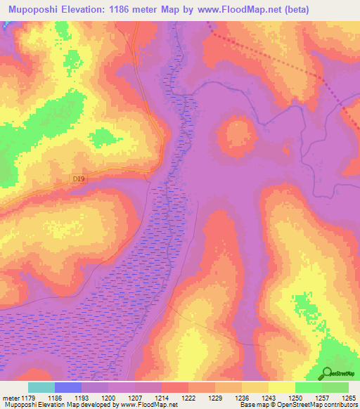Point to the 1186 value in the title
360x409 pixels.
pyautogui.click(x=125, y=10)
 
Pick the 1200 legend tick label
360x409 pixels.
pyautogui.click(x=108, y=398)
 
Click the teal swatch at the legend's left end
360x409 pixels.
pyautogui.click(x=41, y=387)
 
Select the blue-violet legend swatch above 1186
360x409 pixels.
pyautogui.click(x=68, y=387)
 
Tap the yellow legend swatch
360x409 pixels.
pyautogui.click(x=281, y=387)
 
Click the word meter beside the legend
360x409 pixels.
pyautogui.click(x=8, y=398)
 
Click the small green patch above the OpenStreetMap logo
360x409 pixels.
pyautogui.click(x=304, y=306)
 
